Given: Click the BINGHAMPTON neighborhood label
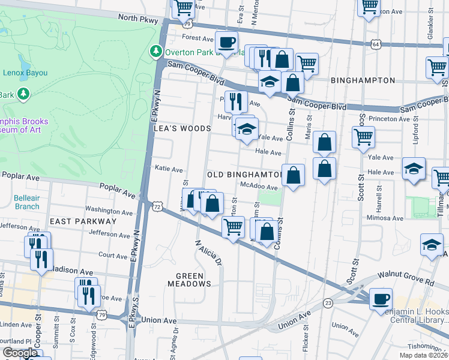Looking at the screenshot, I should coord(363,80).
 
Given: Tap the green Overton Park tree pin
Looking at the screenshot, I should coord(156,52).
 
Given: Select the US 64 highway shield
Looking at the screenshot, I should coord(375,44).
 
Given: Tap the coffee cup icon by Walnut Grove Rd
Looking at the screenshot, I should coord(381,299).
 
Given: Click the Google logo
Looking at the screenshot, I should coord(20,353).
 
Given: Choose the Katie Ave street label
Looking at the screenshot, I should coord(169,170).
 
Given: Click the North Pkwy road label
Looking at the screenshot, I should coord(137,18).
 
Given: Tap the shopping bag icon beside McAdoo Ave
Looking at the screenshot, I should coord(293,176).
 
